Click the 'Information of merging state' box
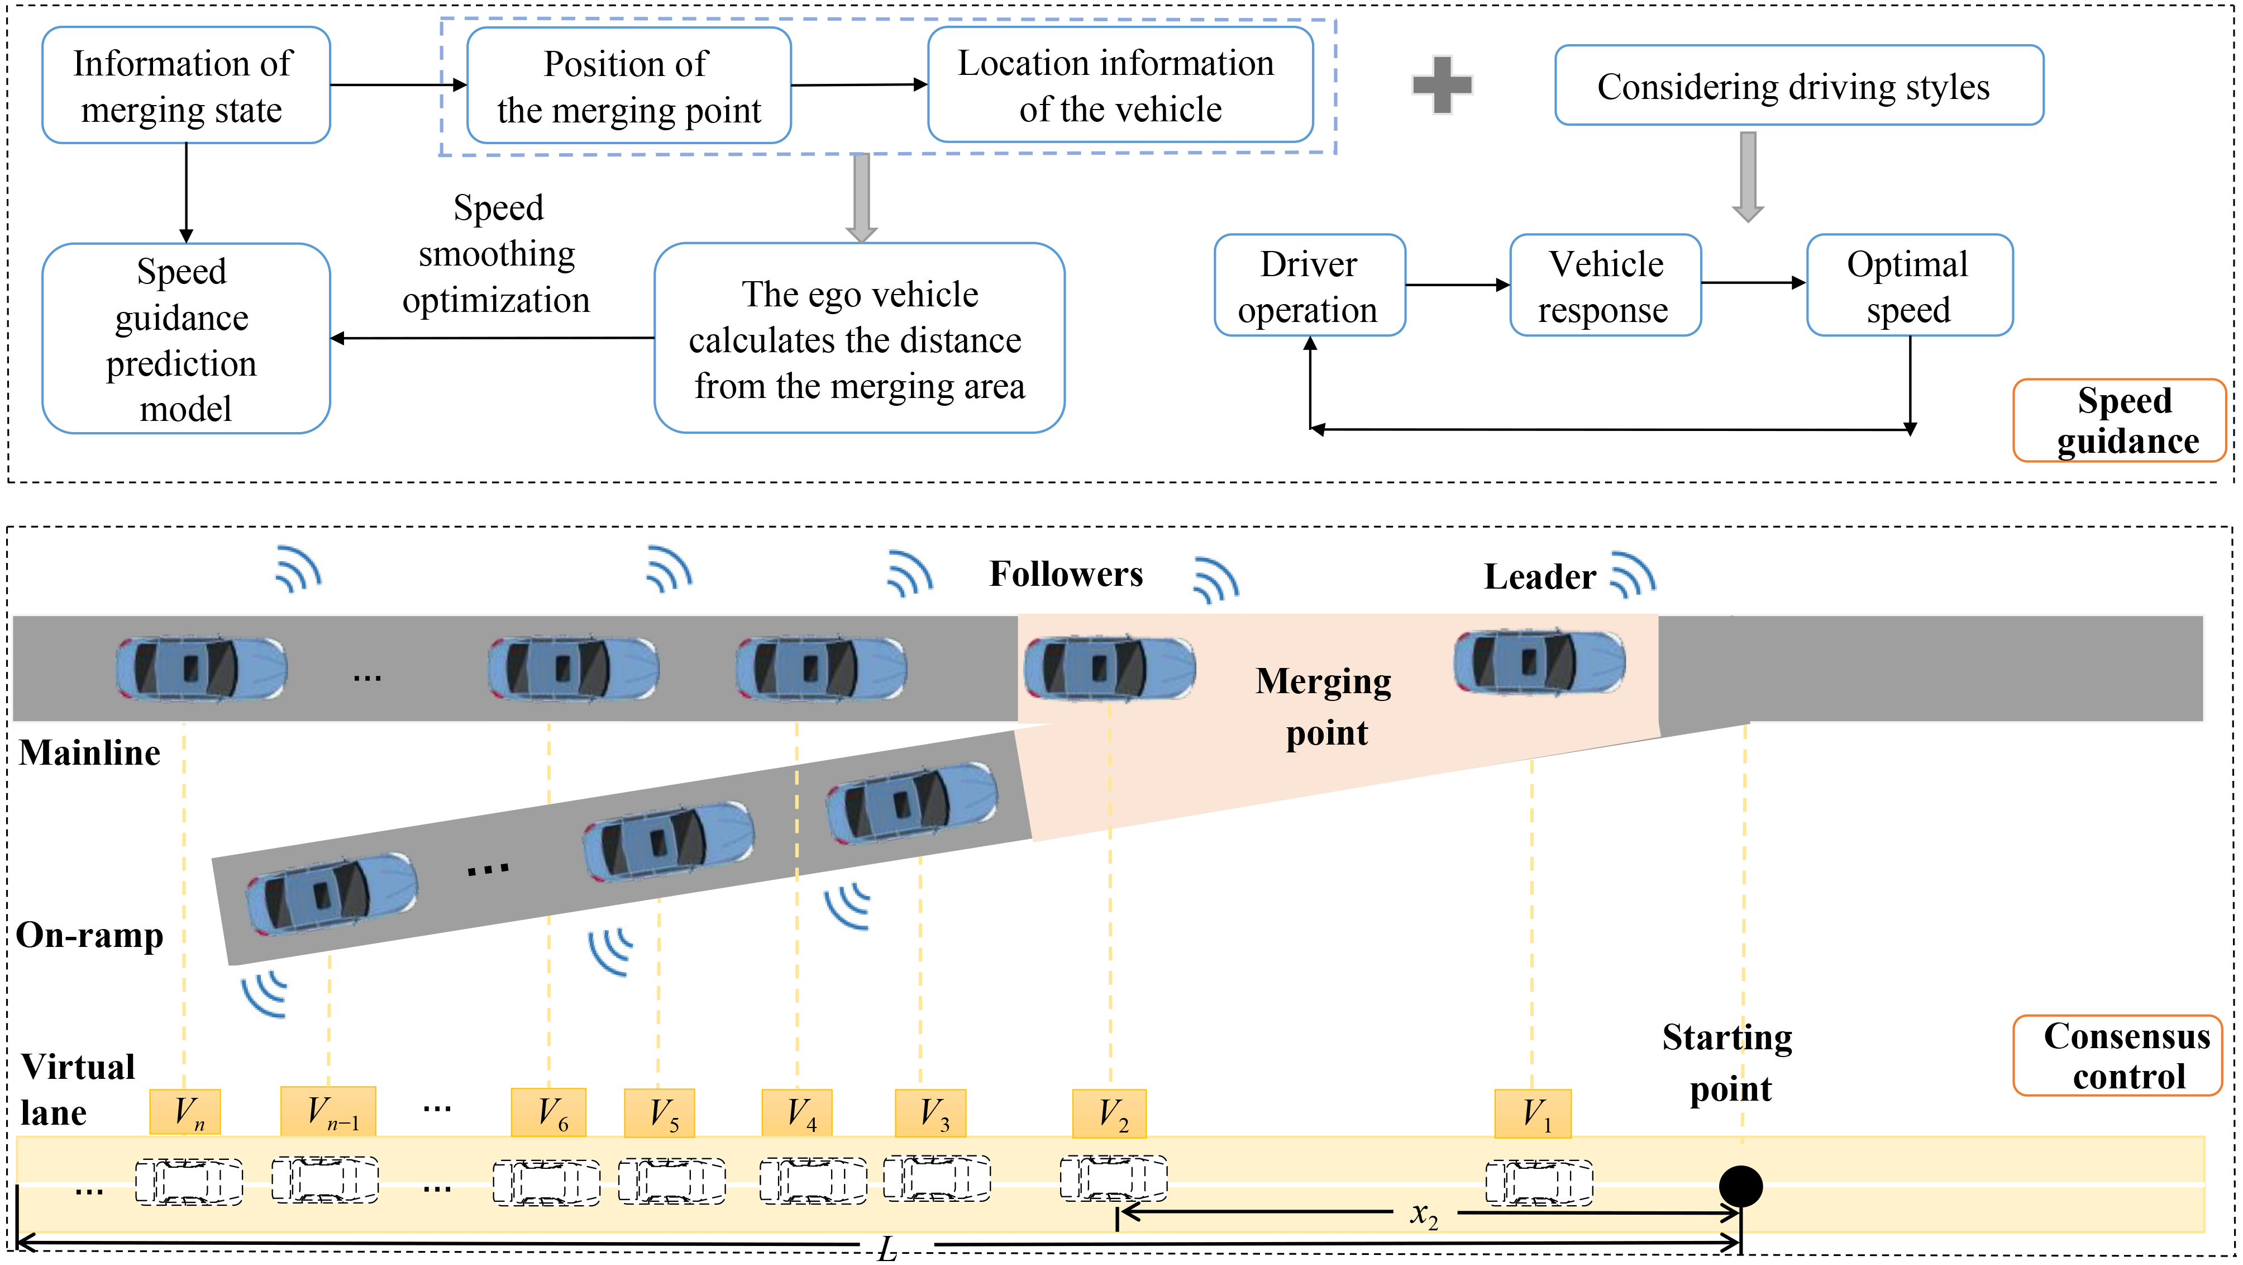(185, 86)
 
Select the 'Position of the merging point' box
(629, 86)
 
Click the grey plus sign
(1442, 84)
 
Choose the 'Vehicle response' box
(1605, 285)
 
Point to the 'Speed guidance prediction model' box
(185, 338)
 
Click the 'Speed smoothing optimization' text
(497, 254)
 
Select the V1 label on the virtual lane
(1533, 1114)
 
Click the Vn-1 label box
(328, 1112)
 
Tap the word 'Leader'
(1539, 577)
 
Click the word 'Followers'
(1066, 574)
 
